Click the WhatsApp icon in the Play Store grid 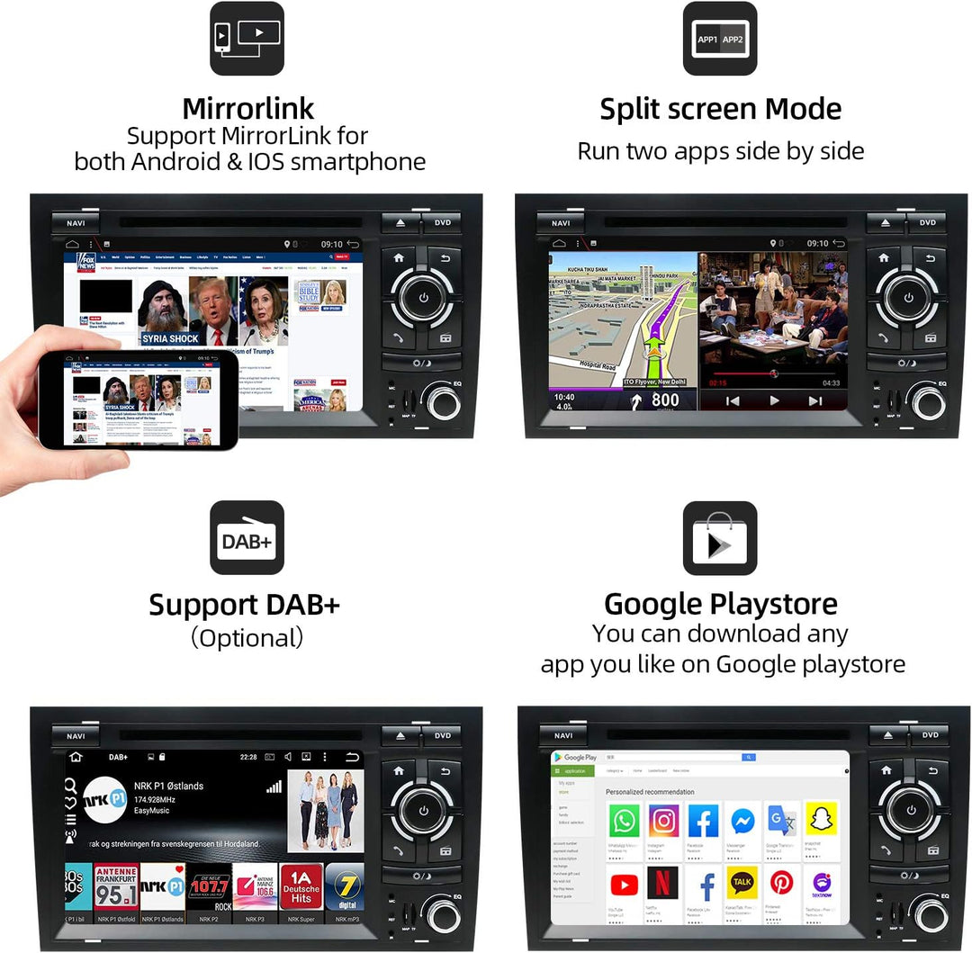(624, 822)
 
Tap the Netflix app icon (663, 885)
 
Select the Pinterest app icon (781, 885)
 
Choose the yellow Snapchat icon (821, 820)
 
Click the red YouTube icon (624, 885)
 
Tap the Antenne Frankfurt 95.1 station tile (116, 886)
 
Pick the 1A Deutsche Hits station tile (301, 886)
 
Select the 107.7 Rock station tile (209, 886)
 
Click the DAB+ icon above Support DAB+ (247, 538)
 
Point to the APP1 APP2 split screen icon (720, 39)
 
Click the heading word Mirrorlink (247, 109)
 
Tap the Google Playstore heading (721, 604)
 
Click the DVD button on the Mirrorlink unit (442, 222)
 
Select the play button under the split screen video (774, 400)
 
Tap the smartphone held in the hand (138, 399)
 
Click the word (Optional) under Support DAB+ (247, 638)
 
